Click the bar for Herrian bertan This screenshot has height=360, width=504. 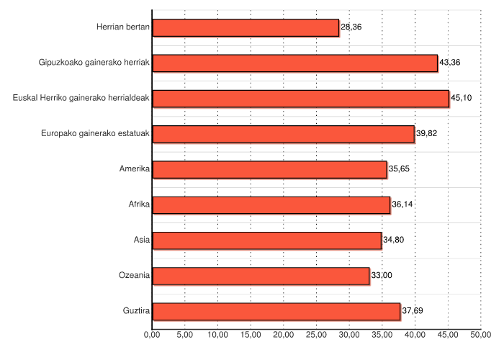[x=246, y=27]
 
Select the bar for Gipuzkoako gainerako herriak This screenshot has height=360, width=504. [x=295, y=63]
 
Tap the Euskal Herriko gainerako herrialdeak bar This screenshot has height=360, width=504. [x=301, y=98]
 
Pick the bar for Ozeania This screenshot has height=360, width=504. [x=261, y=276]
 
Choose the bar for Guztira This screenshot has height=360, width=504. [x=276, y=311]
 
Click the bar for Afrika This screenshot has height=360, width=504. [x=271, y=204]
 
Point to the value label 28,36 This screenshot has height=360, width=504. [x=351, y=27]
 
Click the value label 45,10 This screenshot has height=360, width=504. [x=461, y=98]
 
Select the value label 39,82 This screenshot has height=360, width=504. [x=427, y=134]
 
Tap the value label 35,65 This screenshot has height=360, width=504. [x=399, y=169]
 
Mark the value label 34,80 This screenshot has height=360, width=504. [x=393, y=240]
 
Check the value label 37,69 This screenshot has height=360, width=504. [x=413, y=311]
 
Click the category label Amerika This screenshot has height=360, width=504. [x=135, y=169]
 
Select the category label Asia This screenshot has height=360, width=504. [x=142, y=240]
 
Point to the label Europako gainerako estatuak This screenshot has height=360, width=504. [x=95, y=134]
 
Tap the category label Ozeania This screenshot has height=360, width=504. [x=134, y=276]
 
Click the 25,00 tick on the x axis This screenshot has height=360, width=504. [x=316, y=335]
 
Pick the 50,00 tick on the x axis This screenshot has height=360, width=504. [x=480, y=335]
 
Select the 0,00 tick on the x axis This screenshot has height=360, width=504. [x=152, y=335]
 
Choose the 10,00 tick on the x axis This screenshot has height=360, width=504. [x=217, y=335]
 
